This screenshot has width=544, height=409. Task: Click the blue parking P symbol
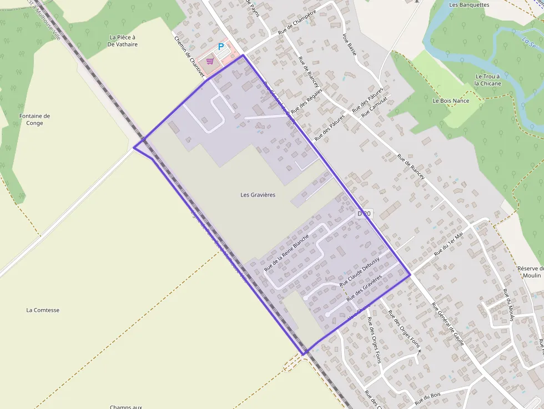(221, 47)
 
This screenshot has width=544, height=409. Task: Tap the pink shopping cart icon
(210, 61)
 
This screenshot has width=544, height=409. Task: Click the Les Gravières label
(258, 195)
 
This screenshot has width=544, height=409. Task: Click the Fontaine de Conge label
(34, 119)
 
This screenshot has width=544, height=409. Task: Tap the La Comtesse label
(43, 310)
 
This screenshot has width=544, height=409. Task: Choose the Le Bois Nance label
(451, 101)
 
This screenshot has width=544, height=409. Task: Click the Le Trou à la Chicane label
(487, 80)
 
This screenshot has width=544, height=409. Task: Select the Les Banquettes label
(469, 5)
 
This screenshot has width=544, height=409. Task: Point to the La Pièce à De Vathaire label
(123, 41)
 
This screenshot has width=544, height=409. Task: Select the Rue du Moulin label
(507, 305)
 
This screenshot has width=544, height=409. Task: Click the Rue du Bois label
(427, 397)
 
